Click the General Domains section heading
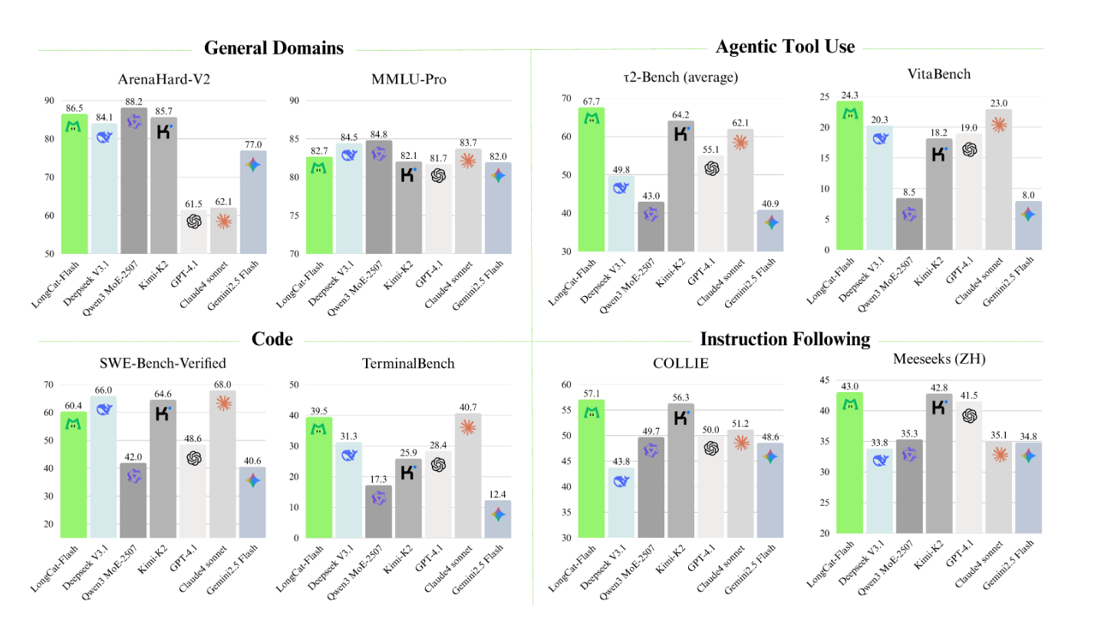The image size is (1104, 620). [273, 48]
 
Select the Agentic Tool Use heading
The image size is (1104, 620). [785, 47]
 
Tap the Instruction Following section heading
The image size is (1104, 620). [785, 339]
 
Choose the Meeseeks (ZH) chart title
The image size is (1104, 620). [939, 358]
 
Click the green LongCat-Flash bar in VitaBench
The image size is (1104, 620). [849, 176]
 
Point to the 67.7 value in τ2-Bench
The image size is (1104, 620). [591, 101]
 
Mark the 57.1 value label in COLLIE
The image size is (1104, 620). [591, 393]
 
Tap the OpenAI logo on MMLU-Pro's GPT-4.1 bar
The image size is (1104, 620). [438, 176]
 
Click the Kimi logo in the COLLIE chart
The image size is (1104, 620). [681, 417]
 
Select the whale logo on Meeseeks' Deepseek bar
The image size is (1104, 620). [880, 460]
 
